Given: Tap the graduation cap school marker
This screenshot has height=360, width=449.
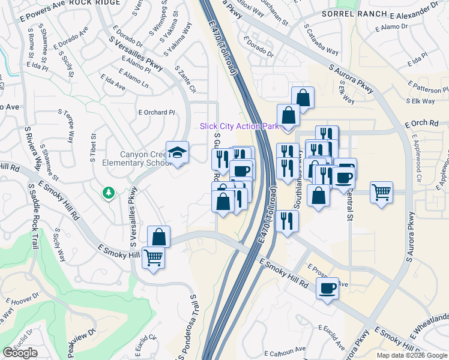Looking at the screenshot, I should pos(177,152).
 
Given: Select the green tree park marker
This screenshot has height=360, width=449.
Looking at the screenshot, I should pos(108,193).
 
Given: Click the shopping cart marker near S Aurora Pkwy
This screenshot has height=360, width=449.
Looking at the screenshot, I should pos(381,193).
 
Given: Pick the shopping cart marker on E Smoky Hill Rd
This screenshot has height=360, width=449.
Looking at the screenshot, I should pos(153,259).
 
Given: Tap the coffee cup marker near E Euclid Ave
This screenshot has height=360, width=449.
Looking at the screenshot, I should pos(327,289).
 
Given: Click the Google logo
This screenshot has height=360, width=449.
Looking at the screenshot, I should pos(20,353).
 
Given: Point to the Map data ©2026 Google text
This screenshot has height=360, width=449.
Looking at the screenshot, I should pos(412,355).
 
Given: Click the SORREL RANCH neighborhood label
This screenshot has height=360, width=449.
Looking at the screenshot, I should pos(348,13).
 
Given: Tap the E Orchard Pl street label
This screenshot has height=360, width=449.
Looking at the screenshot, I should pos(156,112).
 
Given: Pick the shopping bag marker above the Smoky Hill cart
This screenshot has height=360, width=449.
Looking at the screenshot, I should pos(158,236).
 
